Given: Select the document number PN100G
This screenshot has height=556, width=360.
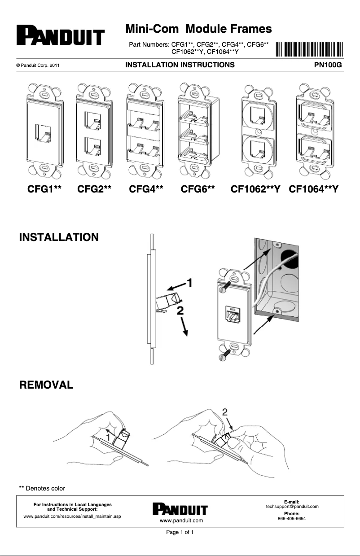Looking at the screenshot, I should click(x=328, y=65).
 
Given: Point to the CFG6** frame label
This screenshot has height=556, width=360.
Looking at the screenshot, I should click(x=198, y=190).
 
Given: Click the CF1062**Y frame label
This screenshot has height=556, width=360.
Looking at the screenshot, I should click(x=255, y=190).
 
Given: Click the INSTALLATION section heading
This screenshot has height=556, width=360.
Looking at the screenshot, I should click(x=59, y=237).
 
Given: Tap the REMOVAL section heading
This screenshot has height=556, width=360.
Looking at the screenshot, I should click(x=46, y=385).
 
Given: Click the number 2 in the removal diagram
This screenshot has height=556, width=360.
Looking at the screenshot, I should click(x=225, y=412).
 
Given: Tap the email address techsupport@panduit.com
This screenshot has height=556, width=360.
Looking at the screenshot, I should click(x=292, y=507).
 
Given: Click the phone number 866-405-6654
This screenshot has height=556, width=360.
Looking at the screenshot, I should click(x=292, y=518).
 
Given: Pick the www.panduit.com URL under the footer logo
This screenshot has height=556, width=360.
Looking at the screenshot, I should click(x=181, y=521).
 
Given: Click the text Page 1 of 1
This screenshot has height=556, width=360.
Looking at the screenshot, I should click(x=180, y=533).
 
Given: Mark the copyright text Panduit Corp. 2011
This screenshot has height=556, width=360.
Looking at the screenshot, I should click(x=38, y=66).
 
